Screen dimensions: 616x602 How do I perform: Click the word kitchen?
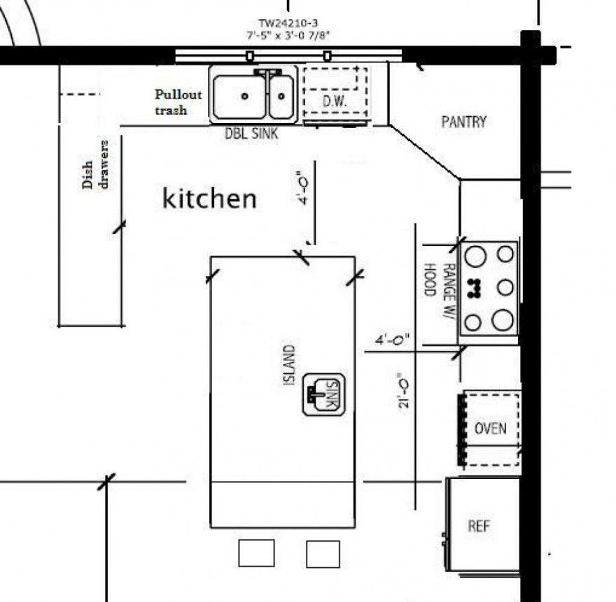tap(209, 199)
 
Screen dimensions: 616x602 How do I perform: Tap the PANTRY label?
tap(463, 122)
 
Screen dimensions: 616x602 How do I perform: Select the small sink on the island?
tap(323, 394)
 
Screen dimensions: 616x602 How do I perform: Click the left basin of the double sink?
tap(239, 97)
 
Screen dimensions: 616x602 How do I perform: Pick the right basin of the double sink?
tap(281, 97)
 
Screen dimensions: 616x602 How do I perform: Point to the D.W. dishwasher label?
tap(335, 101)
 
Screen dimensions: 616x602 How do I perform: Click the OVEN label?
tap(490, 428)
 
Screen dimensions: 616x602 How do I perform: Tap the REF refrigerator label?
tap(479, 526)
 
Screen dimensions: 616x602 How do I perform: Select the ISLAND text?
tap(288, 365)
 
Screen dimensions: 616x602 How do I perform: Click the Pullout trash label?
tap(178, 102)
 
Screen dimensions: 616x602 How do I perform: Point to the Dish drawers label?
tap(95, 164)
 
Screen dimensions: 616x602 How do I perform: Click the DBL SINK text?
tap(251, 134)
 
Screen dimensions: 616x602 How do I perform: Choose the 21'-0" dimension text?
tap(403, 390)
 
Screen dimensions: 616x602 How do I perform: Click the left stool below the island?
tap(256, 553)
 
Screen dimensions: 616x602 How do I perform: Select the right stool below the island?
tap(323, 554)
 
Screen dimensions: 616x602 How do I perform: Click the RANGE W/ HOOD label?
tap(440, 289)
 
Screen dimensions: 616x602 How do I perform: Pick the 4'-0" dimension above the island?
tap(304, 188)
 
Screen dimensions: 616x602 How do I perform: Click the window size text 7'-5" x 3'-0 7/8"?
tap(288, 35)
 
